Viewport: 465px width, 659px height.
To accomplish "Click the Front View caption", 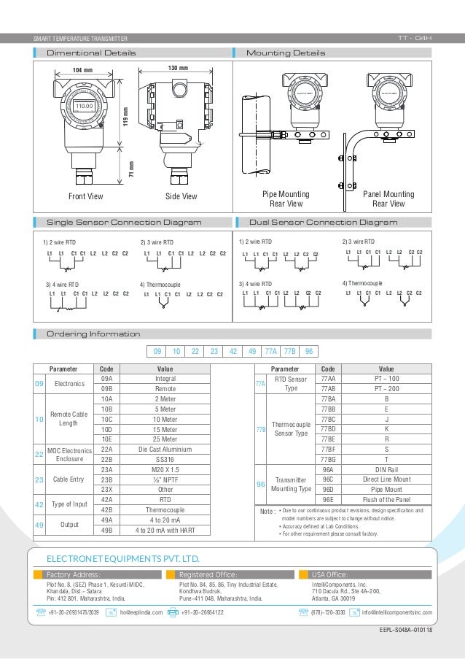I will click(85, 196).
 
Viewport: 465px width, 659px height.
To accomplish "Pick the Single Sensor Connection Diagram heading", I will click(124, 222).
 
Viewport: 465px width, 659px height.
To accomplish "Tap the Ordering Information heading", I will click(93, 334).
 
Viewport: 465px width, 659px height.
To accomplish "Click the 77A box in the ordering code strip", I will click(270, 351).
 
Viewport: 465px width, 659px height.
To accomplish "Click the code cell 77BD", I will click(328, 430).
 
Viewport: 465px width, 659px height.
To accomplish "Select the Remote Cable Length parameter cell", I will click(68, 420).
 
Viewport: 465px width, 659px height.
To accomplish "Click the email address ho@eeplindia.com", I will click(141, 612).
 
